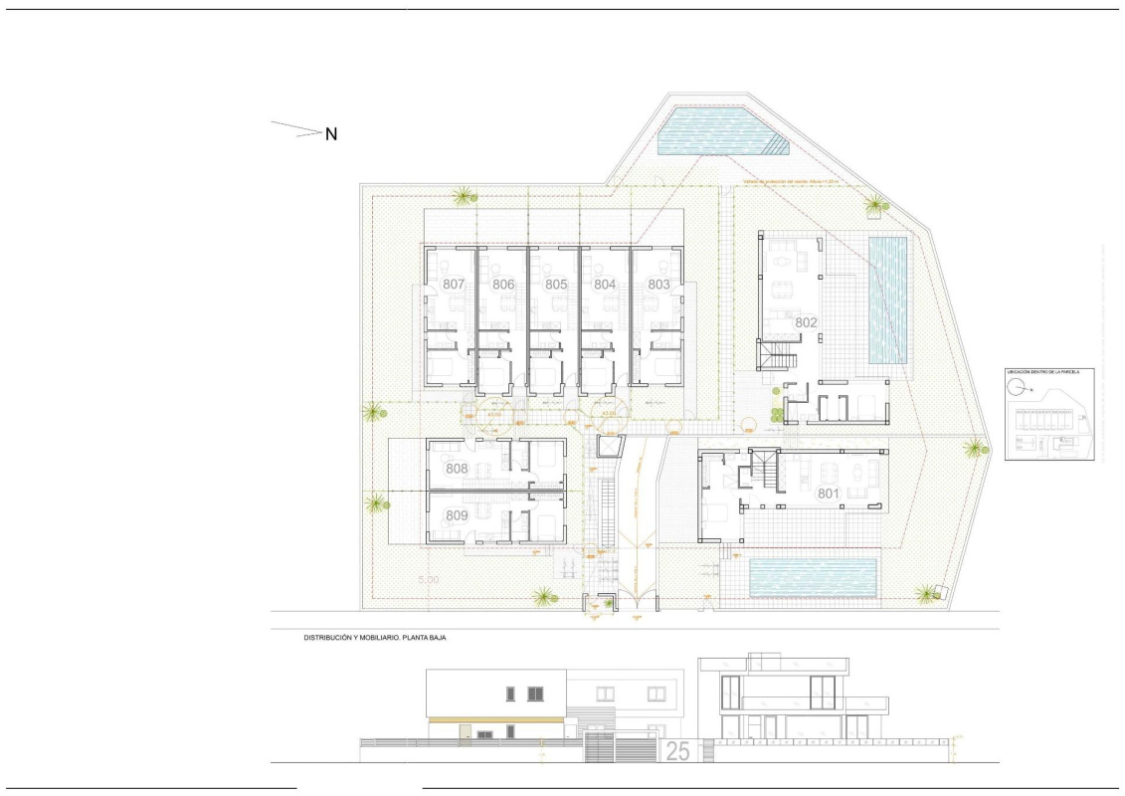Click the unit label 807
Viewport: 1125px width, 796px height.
tap(455, 285)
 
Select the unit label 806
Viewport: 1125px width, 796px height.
tap(503, 285)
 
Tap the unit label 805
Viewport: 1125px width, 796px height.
tap(555, 285)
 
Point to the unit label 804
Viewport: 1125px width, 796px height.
tap(605, 285)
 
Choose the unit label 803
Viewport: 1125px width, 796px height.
tap(658, 285)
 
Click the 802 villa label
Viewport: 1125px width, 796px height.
tap(805, 322)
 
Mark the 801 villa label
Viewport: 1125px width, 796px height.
tap(829, 493)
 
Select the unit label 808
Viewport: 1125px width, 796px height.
tap(457, 469)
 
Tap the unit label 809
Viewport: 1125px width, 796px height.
tap(457, 515)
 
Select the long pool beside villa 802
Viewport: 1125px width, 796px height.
tap(887, 299)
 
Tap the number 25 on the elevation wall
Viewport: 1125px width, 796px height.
tap(677, 752)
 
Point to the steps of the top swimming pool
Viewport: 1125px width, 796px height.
tap(777, 146)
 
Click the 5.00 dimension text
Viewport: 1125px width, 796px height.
tap(429, 578)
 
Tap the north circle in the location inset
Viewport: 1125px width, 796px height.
tap(1025, 390)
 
